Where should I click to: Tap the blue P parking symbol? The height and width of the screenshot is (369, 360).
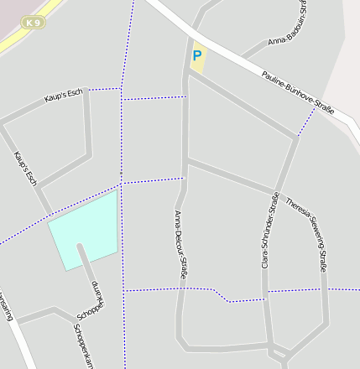[x=197, y=57]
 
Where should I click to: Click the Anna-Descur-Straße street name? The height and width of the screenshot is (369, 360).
[x=180, y=243]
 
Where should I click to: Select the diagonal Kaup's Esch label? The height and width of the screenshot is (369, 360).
[x=26, y=168]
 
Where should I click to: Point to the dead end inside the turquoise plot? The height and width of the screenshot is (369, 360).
[x=80, y=246]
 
